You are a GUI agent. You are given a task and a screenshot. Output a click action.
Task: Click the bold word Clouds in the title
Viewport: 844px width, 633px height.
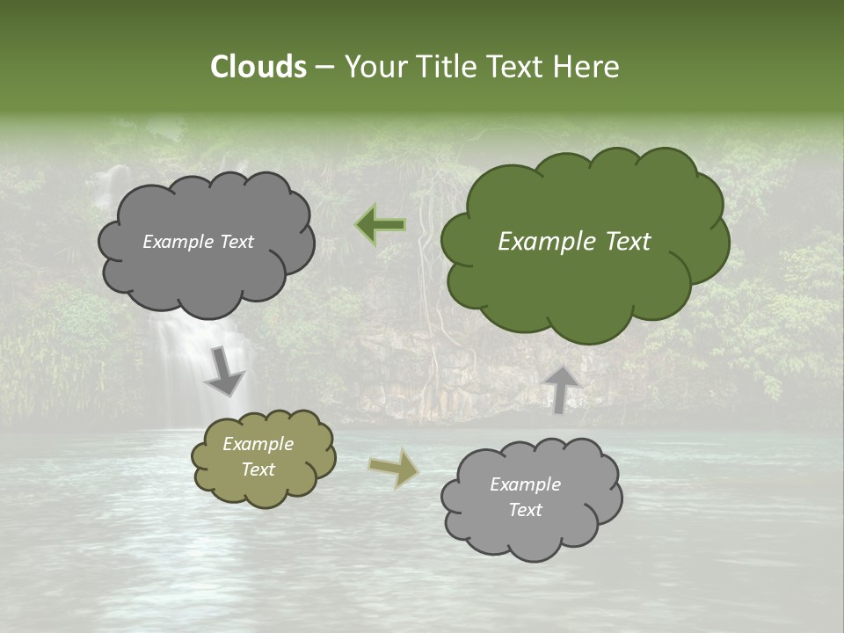point(258,67)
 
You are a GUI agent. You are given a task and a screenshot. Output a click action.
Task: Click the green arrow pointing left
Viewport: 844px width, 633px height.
point(381,225)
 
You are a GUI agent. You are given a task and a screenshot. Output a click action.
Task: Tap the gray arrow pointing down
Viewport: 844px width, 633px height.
point(224,372)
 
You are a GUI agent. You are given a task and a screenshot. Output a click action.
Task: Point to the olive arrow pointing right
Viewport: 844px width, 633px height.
point(393,469)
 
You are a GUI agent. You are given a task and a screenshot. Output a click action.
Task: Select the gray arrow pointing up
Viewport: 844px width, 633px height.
point(561,389)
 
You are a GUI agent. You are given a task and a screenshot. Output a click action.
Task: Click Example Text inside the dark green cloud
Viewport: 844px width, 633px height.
point(574,242)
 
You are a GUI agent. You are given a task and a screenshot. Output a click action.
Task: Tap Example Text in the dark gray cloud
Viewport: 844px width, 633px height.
point(198,242)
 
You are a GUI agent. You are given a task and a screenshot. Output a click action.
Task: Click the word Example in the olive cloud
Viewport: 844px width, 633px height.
point(258,444)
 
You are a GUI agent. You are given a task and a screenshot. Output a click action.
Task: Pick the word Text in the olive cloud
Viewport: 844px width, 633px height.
point(258,469)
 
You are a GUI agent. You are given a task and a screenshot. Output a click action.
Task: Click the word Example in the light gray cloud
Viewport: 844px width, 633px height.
point(525,484)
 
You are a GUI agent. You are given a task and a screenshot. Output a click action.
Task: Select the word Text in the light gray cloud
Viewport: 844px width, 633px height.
point(525,510)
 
